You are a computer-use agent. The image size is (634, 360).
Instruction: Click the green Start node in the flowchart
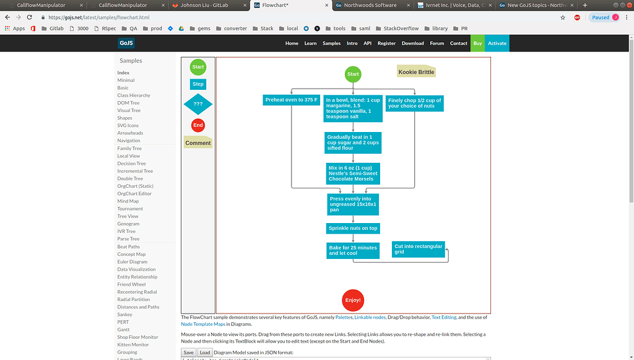[353, 74]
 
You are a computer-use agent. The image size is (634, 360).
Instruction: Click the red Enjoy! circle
[353, 300]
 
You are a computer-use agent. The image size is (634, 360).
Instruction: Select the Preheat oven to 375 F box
[291, 100]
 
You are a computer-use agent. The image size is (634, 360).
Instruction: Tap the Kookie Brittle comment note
[417, 72]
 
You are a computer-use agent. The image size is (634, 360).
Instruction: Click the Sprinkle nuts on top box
[354, 228]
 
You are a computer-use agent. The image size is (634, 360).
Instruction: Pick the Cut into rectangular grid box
[419, 249]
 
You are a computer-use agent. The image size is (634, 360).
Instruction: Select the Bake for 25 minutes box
[353, 250]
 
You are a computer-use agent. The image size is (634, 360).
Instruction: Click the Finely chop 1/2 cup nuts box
[415, 103]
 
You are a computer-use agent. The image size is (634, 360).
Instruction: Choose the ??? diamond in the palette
[198, 104]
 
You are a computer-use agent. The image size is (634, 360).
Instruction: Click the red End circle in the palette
[198, 125]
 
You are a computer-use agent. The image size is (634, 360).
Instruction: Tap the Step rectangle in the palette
[198, 84]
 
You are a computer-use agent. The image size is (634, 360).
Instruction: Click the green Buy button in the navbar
[477, 43]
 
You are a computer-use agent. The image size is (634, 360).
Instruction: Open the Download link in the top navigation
[413, 43]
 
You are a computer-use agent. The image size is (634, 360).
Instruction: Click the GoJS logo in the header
[126, 43]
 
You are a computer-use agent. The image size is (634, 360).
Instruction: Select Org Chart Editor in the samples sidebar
[134, 194]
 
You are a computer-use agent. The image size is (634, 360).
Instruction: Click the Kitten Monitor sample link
[133, 345]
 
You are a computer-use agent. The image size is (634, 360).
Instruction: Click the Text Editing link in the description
[443, 317]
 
